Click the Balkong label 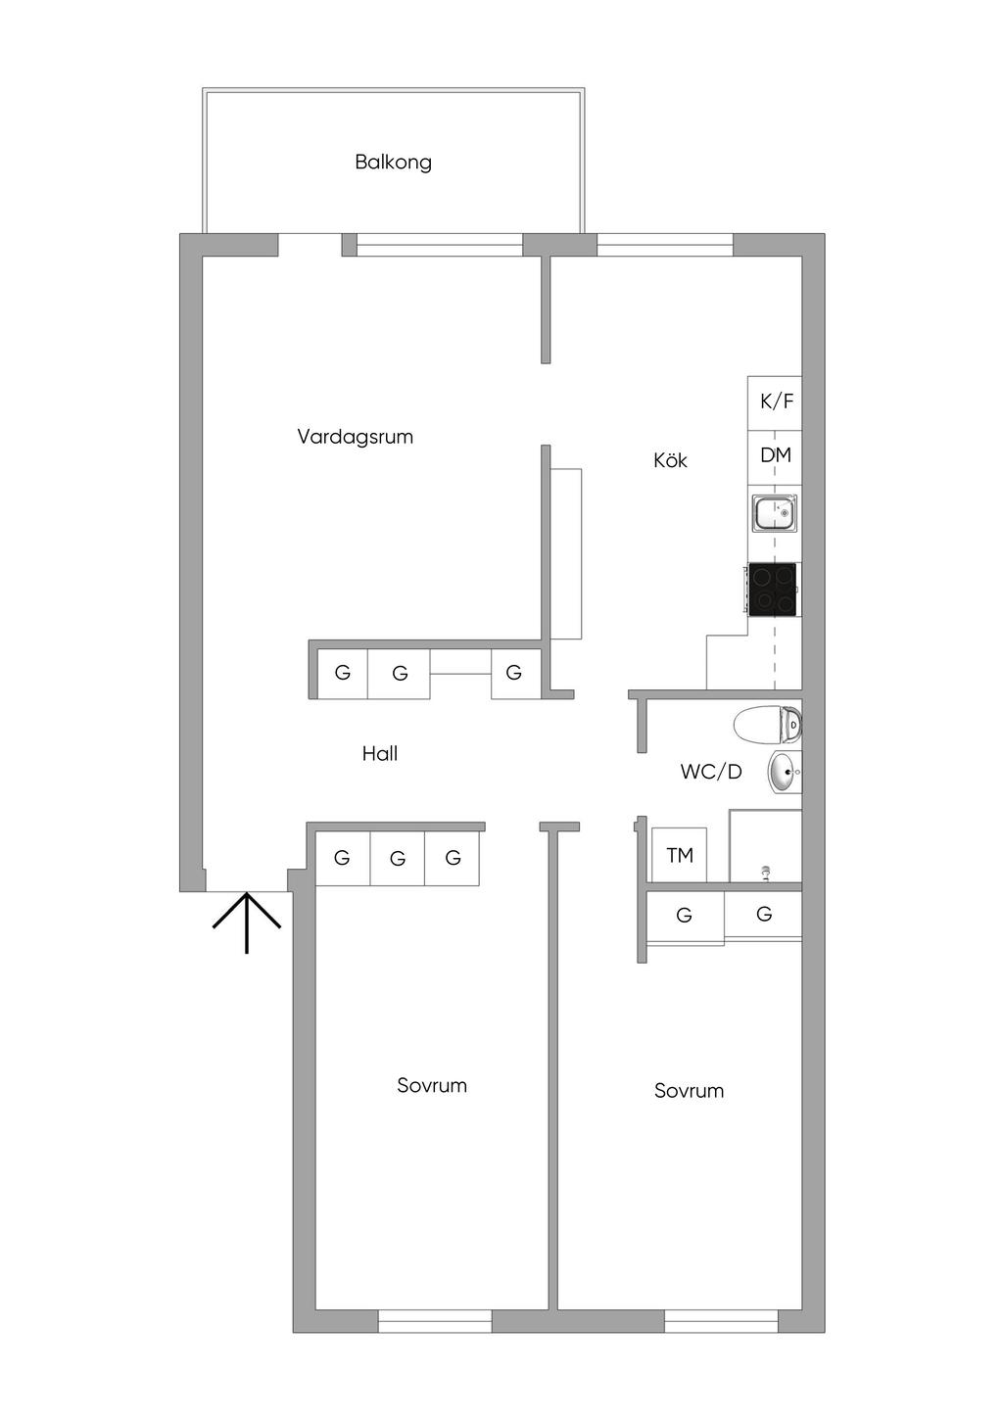(393, 163)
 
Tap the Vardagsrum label (355, 437)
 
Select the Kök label (670, 460)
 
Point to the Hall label (379, 753)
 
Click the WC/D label (711, 772)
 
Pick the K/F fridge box (775, 403)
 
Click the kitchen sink (774, 513)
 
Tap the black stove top (772, 590)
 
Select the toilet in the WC (767, 724)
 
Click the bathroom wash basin (785, 772)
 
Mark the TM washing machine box (679, 855)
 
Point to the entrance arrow (247, 922)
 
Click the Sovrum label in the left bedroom (432, 1085)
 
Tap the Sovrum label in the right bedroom (689, 1090)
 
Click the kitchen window (665, 245)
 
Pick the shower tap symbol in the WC (766, 873)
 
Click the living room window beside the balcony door (440, 245)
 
